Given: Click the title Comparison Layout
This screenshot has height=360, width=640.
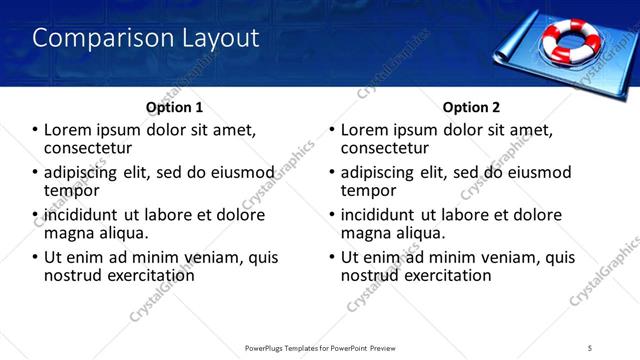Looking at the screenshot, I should coord(146,39).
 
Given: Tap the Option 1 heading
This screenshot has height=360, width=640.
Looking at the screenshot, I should coord(174,107).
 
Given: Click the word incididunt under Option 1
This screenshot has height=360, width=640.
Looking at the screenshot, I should coord(76,215).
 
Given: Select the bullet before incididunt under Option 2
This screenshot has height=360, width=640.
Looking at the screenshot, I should coord(332,215).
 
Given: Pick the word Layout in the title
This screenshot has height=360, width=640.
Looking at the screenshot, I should coord(215,39).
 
